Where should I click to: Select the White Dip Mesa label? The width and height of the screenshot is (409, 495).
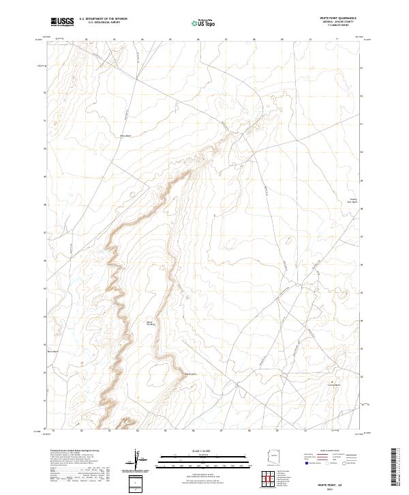coord(151,323)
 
